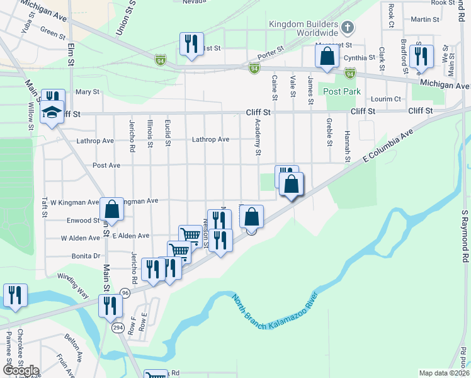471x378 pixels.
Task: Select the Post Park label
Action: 342,91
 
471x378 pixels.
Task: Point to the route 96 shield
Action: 125,293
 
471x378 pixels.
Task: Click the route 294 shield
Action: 118,328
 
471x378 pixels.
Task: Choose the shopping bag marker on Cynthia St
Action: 327,57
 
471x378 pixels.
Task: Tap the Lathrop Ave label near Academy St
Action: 210,139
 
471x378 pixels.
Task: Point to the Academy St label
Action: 258,139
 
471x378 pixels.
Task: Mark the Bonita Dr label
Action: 86,256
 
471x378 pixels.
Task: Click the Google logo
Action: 21,370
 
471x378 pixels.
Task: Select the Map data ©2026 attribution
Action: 444,373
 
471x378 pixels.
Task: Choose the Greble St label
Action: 329,131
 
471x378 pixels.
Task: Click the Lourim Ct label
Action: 386,99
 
